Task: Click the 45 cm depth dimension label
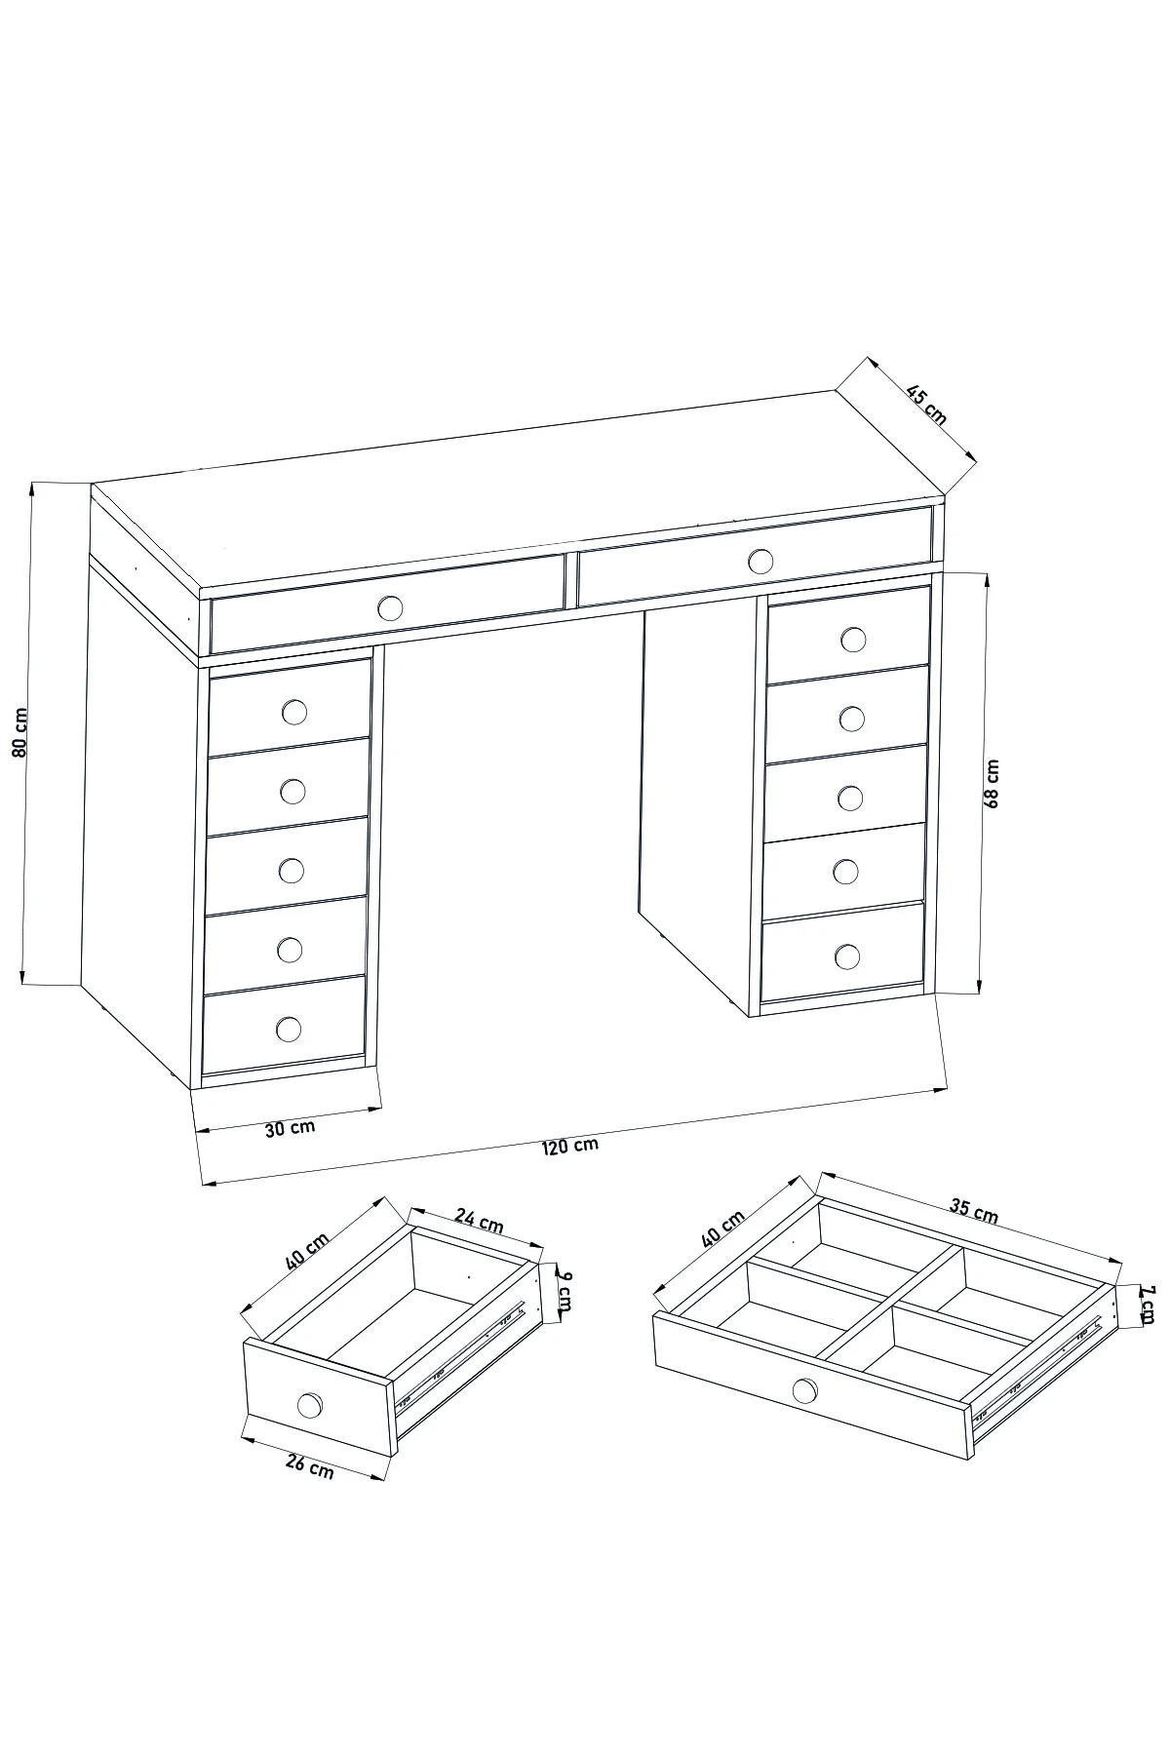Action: click(926, 406)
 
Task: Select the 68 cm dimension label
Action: click(993, 785)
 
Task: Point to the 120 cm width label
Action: click(570, 1146)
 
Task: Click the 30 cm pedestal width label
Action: click(290, 1128)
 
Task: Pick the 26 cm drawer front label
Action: click(309, 1465)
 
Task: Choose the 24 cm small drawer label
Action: click(479, 1220)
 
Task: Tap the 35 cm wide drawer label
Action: click(974, 1210)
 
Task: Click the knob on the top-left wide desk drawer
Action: click(390, 608)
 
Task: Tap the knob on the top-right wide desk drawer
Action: click(760, 561)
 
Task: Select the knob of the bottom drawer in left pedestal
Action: click(289, 1029)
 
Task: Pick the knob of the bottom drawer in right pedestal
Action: click(847, 956)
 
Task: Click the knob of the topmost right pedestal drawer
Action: click(853, 640)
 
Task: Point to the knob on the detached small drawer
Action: click(310, 1405)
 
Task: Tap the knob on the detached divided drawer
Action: click(805, 1389)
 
